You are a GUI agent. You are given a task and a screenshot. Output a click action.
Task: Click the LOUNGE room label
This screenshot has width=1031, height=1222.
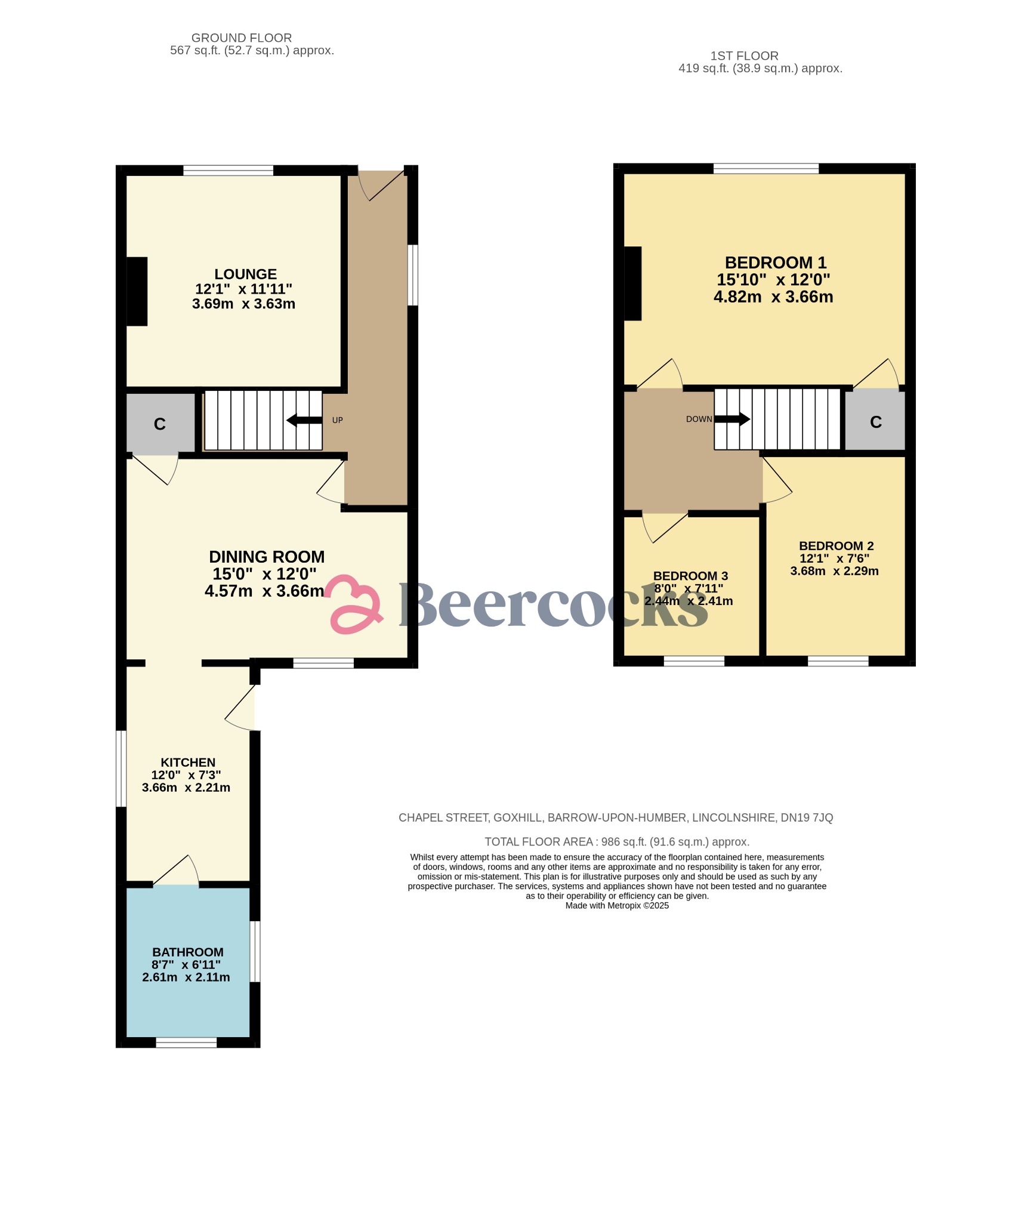coord(245,274)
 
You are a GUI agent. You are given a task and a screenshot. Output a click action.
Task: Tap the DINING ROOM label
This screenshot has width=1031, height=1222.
coord(267,557)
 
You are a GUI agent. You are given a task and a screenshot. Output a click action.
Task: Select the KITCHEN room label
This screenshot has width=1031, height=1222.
coord(188,763)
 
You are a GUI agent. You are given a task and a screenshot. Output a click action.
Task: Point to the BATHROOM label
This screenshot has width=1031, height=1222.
coord(188,952)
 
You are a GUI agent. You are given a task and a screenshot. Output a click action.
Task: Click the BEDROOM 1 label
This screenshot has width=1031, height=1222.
coord(775,263)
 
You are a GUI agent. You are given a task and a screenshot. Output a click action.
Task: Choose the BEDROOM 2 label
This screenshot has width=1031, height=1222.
coord(836,546)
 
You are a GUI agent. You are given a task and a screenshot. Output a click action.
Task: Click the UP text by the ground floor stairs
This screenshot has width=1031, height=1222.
coord(337,420)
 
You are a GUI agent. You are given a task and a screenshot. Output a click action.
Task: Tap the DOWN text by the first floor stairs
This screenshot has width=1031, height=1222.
coord(699,419)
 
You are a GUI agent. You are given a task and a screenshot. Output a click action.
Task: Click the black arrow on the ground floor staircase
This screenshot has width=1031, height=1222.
coord(304,420)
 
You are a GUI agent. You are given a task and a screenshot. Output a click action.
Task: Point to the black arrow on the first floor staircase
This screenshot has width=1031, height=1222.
coord(733,419)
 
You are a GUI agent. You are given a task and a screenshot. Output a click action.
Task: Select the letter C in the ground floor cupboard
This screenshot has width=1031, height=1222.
coord(159,424)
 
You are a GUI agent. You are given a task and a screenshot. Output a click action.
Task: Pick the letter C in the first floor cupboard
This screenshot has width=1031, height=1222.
coord(875,422)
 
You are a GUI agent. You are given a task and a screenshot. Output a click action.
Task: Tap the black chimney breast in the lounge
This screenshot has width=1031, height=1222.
coord(137,291)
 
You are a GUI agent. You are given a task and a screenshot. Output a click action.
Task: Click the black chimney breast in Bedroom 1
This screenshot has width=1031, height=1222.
coord(632,283)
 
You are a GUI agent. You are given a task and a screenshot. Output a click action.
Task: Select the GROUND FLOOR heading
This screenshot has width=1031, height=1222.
coord(242,38)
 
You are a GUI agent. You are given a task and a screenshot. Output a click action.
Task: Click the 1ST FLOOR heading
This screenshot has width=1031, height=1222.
coord(744,56)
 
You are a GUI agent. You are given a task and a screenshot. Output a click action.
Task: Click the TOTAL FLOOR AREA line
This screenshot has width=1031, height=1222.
coord(617,842)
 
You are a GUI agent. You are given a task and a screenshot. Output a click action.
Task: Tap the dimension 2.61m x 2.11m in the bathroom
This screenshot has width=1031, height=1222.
coord(186,977)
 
